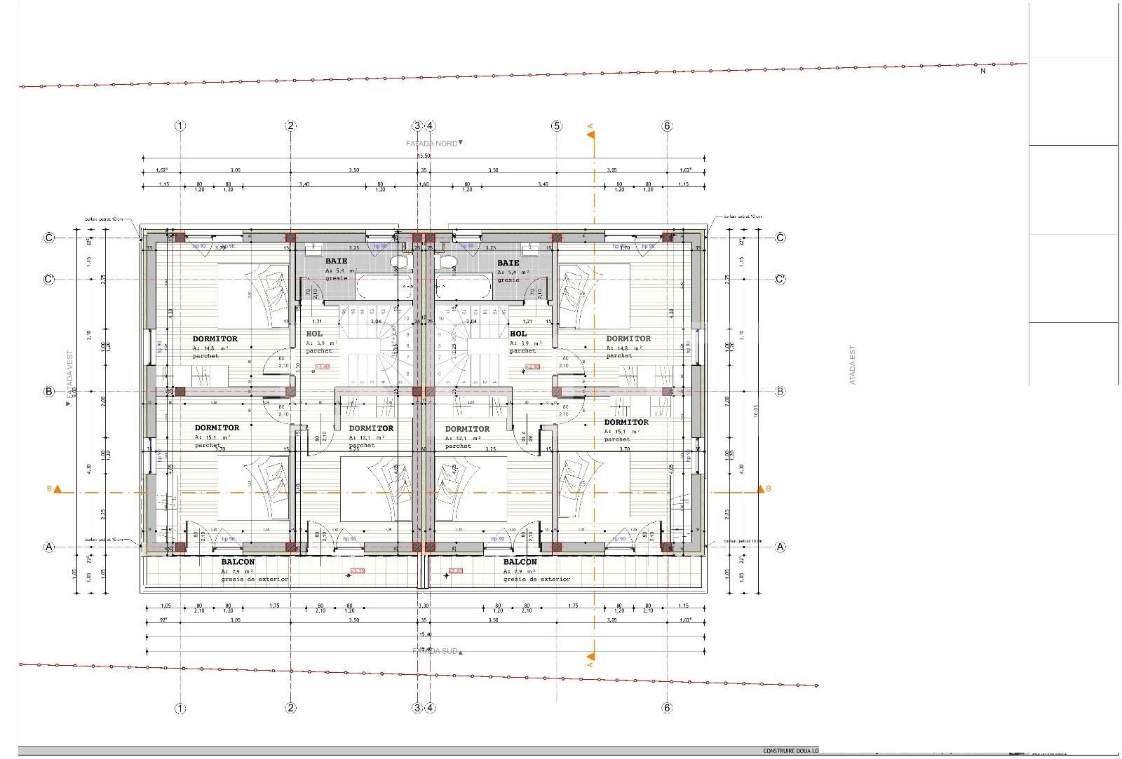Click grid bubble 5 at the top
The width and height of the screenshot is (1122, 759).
pyautogui.click(x=557, y=126)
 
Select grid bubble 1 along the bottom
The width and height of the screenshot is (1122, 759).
pyautogui.click(x=181, y=708)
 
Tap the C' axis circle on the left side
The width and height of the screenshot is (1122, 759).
pyautogui.click(x=49, y=280)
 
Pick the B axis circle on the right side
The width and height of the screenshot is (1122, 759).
pyautogui.click(x=780, y=392)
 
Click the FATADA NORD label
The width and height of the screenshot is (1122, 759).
pyautogui.click(x=432, y=144)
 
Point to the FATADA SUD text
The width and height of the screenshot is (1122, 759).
pyautogui.click(x=435, y=651)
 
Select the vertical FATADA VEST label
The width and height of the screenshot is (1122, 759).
pyautogui.click(x=70, y=375)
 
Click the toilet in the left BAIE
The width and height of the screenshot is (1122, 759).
pyautogui.click(x=399, y=262)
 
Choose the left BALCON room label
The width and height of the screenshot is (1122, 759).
pyautogui.click(x=238, y=562)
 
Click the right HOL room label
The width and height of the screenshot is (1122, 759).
pyautogui.click(x=518, y=334)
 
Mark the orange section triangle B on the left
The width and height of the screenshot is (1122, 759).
pyautogui.click(x=58, y=489)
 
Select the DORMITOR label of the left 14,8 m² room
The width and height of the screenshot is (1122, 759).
pyautogui.click(x=215, y=339)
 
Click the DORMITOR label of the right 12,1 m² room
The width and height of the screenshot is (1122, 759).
pyautogui.click(x=467, y=429)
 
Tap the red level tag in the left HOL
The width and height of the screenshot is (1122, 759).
pyautogui.click(x=323, y=367)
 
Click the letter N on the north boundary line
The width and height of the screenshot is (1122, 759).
pyautogui.click(x=982, y=71)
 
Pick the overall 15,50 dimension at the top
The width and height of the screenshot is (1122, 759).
pyautogui.click(x=424, y=156)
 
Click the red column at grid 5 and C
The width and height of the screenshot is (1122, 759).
pyautogui.click(x=557, y=238)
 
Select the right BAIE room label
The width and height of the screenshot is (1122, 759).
pyautogui.click(x=508, y=263)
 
